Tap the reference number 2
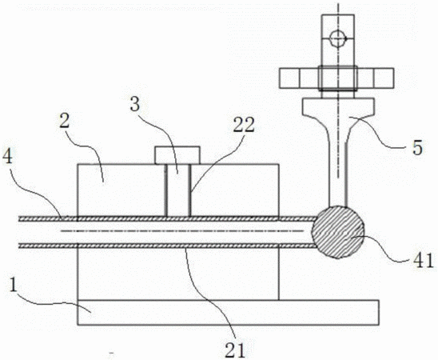coord(64,118)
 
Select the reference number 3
coord(134,105)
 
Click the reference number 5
coord(417,147)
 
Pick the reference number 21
coord(235,349)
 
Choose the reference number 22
coord(244,125)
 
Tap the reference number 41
coord(424,260)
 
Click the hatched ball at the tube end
coord(338,232)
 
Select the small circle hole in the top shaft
coord(337,38)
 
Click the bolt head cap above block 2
coord(177,155)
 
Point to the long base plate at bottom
coord(229,313)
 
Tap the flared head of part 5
coord(338,112)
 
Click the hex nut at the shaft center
coord(338,78)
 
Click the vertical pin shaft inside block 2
coord(178,190)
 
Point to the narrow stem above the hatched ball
coord(338,174)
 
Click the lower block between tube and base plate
coord(178,274)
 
